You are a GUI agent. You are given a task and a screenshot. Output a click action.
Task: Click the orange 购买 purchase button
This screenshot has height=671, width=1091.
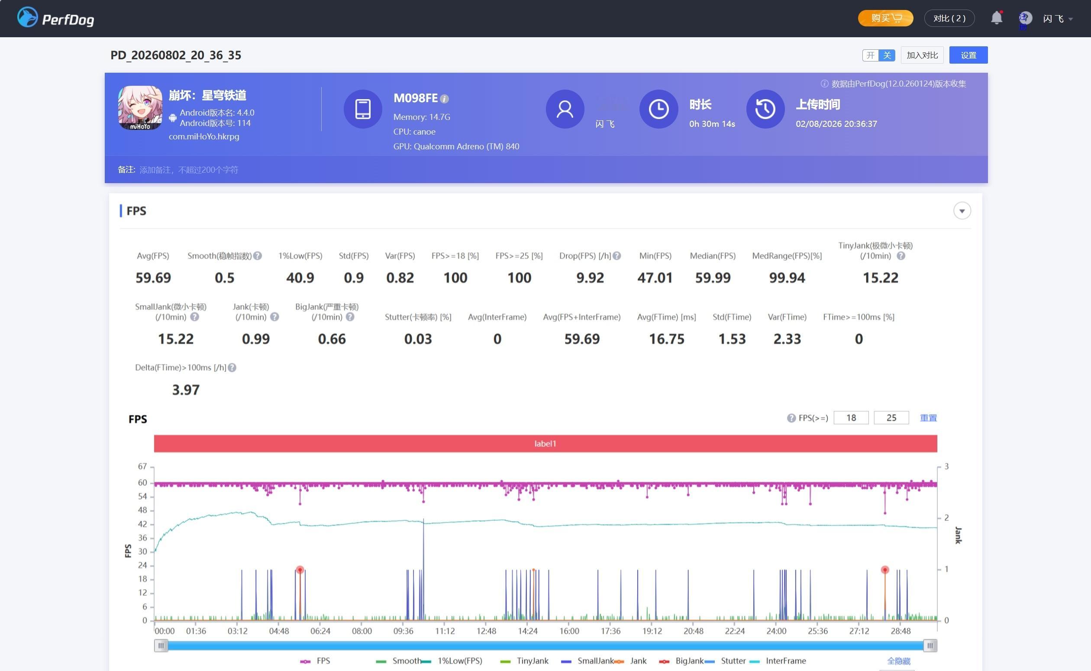click(885, 18)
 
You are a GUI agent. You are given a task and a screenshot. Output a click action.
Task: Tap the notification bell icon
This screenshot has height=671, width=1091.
click(997, 18)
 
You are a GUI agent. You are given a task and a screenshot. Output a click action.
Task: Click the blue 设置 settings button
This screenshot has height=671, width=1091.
click(968, 55)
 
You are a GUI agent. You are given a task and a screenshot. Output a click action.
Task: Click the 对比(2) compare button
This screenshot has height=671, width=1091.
click(949, 18)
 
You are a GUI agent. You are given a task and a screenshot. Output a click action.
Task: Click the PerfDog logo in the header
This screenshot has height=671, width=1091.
click(55, 18)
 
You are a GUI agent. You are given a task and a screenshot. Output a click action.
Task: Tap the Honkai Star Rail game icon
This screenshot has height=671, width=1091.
click(140, 108)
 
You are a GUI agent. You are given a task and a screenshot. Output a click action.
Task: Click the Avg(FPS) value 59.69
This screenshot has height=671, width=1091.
click(153, 278)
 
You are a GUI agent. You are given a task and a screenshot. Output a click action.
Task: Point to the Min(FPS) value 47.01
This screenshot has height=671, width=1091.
click(655, 278)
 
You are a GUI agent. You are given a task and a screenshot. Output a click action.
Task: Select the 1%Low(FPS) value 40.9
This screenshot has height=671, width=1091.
click(300, 278)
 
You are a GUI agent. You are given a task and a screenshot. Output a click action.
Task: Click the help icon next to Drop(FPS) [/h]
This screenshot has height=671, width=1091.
click(617, 256)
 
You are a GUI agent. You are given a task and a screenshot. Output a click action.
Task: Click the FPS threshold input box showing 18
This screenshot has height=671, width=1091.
click(851, 418)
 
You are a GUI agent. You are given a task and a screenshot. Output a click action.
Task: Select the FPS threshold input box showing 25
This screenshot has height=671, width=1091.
click(891, 418)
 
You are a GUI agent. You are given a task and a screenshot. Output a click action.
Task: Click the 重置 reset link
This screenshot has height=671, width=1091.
click(928, 418)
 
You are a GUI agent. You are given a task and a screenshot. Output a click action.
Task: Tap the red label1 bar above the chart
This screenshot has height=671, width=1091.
click(545, 443)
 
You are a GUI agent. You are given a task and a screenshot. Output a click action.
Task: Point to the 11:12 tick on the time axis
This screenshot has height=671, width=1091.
click(445, 631)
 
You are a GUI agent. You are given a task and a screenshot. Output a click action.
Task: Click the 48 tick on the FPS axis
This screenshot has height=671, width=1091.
click(142, 510)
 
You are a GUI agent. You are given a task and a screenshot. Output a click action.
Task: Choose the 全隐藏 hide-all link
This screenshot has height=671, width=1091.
click(898, 661)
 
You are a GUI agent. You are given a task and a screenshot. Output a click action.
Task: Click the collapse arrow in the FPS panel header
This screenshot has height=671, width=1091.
click(962, 211)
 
